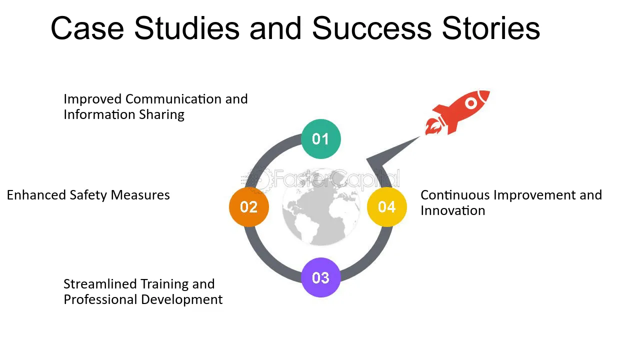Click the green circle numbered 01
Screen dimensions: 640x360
point(321,139)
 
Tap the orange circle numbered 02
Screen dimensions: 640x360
point(249,207)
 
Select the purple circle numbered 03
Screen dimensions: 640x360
point(321,277)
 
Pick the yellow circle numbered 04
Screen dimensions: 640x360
point(387,207)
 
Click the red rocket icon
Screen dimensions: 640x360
point(457,112)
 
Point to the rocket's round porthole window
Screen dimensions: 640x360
point(471,103)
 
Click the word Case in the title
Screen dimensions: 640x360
point(87,28)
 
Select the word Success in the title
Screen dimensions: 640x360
point(371,28)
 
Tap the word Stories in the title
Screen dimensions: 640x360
point(491,28)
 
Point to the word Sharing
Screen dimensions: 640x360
point(161,115)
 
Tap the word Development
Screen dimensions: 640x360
point(181,300)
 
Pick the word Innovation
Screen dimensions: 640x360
point(453,211)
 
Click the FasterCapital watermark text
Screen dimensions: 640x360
point(320,179)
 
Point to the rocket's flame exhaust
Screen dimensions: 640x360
point(432,127)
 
